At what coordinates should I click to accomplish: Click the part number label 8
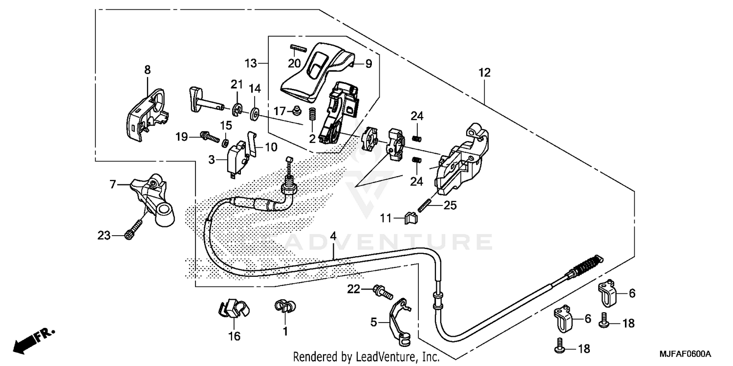[x=148, y=71]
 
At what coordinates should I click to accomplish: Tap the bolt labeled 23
[x=134, y=228]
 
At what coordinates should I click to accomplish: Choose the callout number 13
[x=251, y=63]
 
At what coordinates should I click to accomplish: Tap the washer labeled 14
[x=255, y=114]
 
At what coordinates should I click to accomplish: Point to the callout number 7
[x=112, y=184]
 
